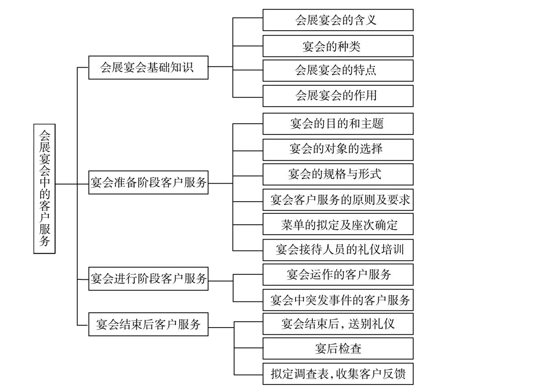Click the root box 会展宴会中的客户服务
click(45, 189)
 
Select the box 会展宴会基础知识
click(148, 67)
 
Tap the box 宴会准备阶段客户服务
click(148, 182)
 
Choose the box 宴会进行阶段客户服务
click(148, 279)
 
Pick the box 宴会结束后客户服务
click(148, 324)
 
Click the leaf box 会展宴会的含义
click(338, 20)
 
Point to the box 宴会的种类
click(338, 46)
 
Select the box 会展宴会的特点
click(338, 70)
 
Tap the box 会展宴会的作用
click(338, 96)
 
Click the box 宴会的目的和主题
click(338, 124)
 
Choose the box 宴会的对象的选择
click(338, 150)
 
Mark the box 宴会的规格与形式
click(338, 174)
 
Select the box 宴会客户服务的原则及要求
click(338, 199)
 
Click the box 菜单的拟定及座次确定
click(338, 224)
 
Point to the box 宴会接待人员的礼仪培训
click(338, 250)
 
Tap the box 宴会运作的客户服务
click(338, 275)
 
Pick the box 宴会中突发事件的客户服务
click(338, 300)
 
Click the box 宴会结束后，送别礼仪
click(338, 324)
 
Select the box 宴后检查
click(338, 348)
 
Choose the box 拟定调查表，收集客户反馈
click(338, 374)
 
